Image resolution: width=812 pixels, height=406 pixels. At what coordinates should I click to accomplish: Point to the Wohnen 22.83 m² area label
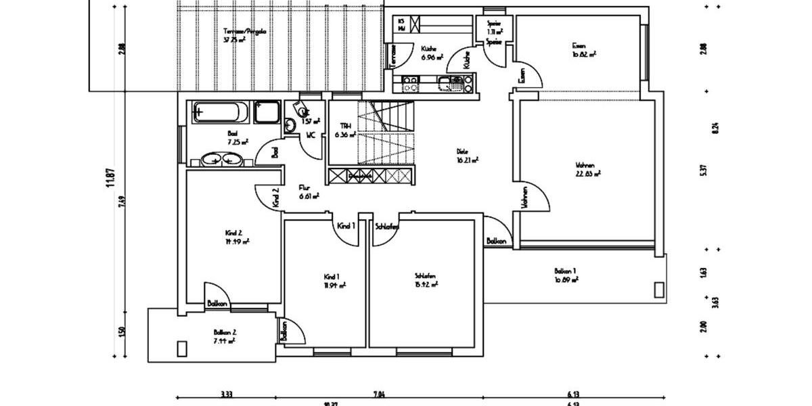(x=587, y=168)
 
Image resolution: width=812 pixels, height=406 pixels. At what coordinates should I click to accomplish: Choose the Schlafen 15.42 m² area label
(x=426, y=281)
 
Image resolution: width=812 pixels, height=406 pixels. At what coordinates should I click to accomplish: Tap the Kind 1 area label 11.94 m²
(x=335, y=281)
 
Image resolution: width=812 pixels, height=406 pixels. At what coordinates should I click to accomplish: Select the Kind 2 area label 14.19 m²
(x=237, y=237)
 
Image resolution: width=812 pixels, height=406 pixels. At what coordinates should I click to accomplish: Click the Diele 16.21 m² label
(x=467, y=156)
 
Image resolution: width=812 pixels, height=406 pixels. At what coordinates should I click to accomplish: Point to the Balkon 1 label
(x=565, y=274)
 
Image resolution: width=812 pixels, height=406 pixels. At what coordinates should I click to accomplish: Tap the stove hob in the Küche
(x=411, y=84)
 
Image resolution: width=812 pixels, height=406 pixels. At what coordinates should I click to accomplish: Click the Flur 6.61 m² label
(x=309, y=193)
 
